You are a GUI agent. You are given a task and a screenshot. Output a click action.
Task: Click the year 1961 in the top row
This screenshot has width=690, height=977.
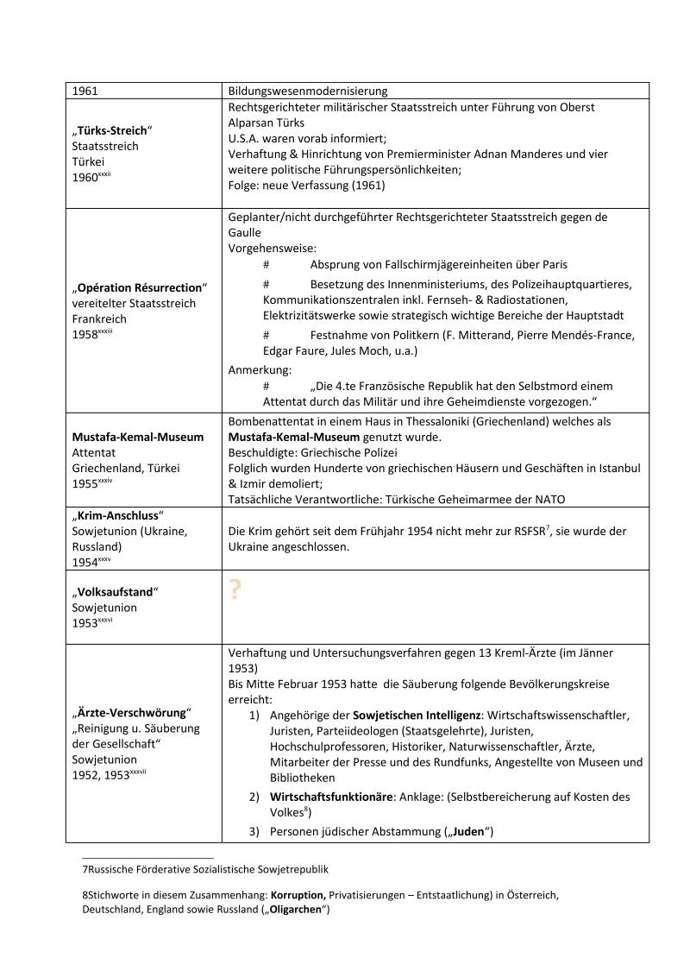tap(85, 91)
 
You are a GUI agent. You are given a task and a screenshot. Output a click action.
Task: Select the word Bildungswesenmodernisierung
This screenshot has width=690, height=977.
tap(308, 91)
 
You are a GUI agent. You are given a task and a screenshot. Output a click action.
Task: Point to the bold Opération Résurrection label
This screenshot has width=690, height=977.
tap(141, 287)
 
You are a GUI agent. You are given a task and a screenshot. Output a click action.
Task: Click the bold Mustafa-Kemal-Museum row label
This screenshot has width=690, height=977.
tap(138, 437)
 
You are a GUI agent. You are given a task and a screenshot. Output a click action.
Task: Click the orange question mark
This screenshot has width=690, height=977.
tap(235, 590)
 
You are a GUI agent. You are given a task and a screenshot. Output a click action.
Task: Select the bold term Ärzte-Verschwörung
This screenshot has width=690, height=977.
tap(130, 713)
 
